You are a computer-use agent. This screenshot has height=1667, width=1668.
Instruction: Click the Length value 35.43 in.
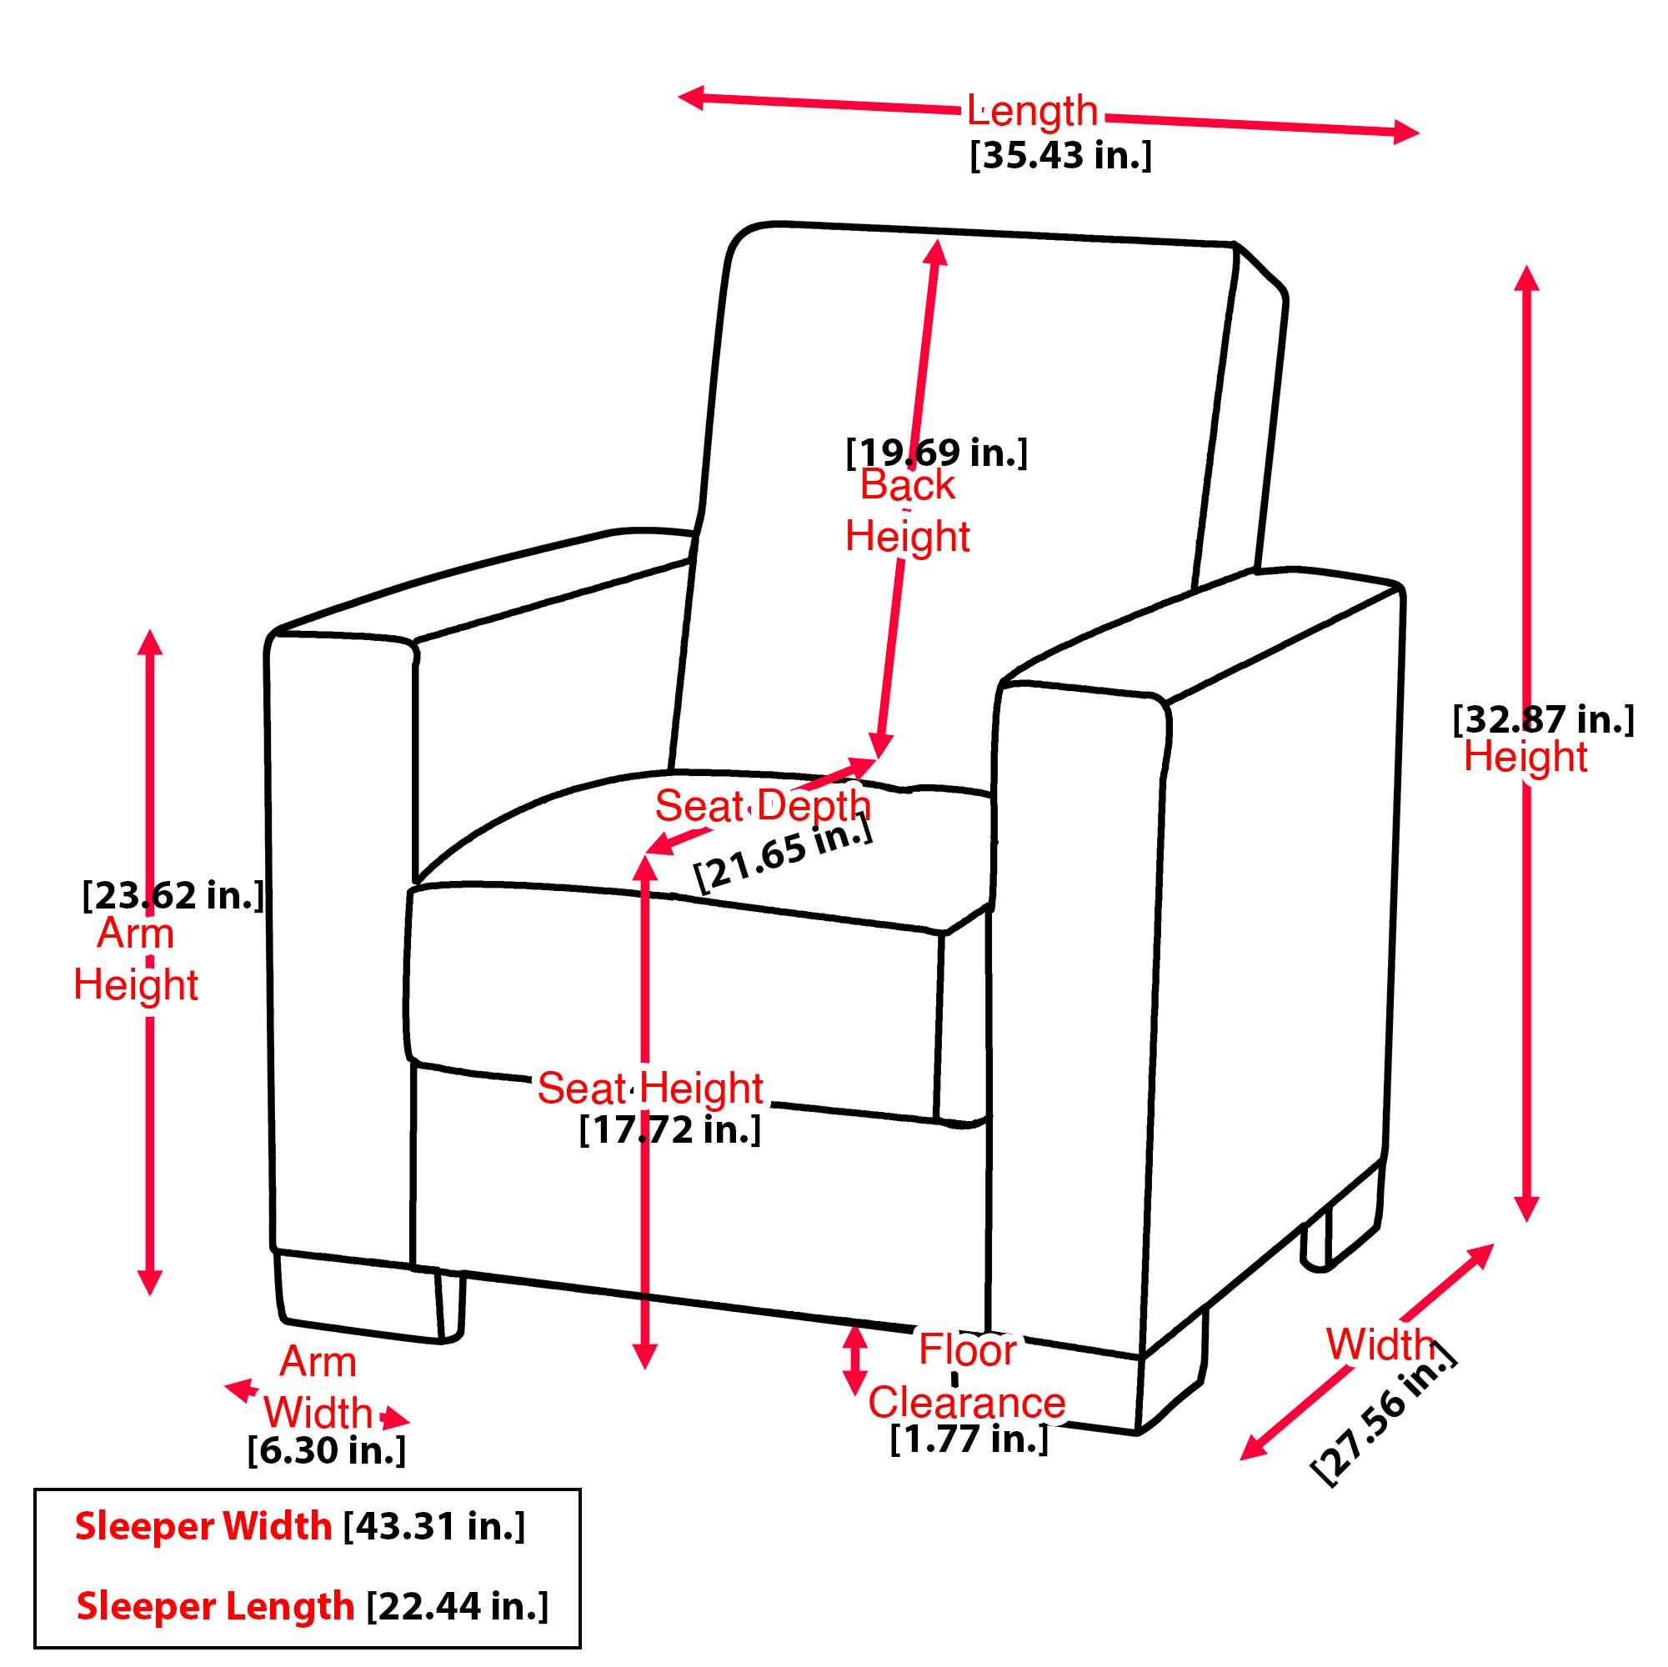click(1060, 156)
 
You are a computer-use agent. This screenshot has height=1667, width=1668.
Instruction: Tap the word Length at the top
click(1032, 111)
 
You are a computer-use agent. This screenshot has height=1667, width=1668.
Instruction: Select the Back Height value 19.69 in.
click(937, 453)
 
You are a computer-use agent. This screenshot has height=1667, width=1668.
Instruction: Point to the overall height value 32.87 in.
click(1543, 719)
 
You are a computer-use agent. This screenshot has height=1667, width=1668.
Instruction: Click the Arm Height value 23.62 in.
click(173, 895)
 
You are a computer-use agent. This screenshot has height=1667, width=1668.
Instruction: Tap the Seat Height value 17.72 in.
click(670, 1129)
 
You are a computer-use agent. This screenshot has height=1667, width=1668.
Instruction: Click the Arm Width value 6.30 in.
click(327, 1450)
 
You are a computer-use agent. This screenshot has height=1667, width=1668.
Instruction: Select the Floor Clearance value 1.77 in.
click(969, 1439)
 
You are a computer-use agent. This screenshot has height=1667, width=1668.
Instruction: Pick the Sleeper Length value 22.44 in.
click(457, 1604)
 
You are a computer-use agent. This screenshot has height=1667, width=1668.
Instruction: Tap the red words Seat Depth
click(763, 805)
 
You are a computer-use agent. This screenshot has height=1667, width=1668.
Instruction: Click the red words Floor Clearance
click(967, 1376)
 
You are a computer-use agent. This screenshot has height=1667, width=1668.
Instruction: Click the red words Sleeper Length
click(215, 1604)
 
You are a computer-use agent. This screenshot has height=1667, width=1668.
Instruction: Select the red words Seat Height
click(650, 1088)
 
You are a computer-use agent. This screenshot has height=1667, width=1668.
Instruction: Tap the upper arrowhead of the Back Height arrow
click(937, 251)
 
